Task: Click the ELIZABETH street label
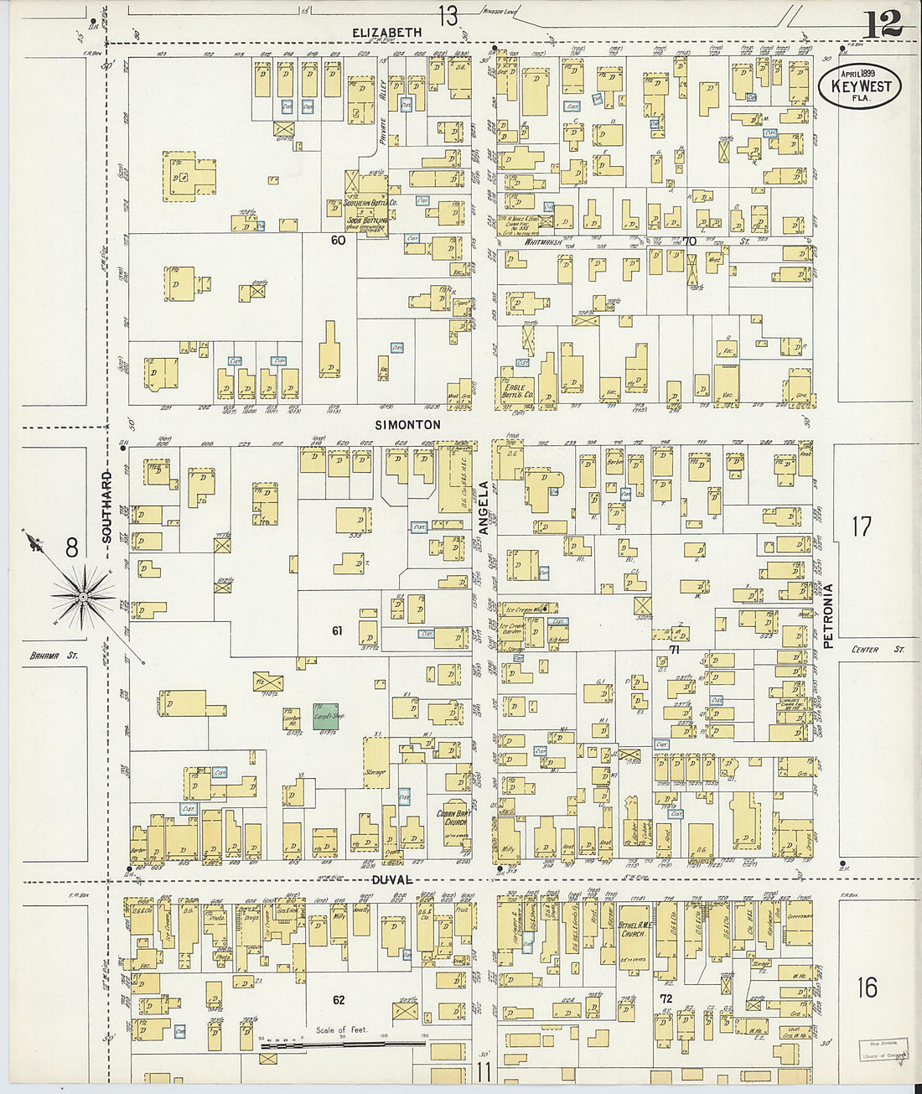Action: pos(386,32)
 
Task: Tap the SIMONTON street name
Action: pos(407,425)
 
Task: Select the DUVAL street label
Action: pos(393,880)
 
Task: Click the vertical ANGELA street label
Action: pos(484,507)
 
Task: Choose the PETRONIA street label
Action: pos(828,616)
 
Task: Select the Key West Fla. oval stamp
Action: pos(859,86)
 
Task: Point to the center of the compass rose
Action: pos(83,596)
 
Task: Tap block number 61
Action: pos(337,630)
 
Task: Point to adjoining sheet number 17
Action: pos(862,526)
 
